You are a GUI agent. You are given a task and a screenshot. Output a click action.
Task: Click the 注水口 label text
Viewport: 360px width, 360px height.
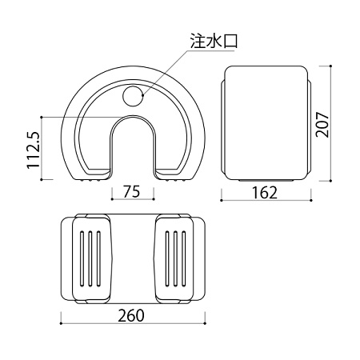[214, 41]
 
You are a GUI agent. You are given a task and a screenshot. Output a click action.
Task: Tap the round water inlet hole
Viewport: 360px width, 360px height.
[134, 96]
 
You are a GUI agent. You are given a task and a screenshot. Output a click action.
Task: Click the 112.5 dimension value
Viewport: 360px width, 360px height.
[34, 150]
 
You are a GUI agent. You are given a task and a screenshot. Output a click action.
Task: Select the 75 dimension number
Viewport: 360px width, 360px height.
[131, 191]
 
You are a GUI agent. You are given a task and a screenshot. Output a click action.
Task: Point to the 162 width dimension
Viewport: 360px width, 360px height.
[265, 193]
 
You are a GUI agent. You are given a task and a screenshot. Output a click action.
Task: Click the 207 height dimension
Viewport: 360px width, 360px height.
[322, 125]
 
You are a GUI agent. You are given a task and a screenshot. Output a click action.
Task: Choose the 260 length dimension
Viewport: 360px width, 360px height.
[131, 315]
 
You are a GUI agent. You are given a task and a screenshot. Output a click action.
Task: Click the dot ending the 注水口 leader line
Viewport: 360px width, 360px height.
[143, 94]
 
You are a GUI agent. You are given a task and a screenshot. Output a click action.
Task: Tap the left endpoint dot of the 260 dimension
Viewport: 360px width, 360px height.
[61, 323]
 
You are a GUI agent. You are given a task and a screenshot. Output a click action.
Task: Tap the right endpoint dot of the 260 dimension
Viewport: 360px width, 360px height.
[205, 323]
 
